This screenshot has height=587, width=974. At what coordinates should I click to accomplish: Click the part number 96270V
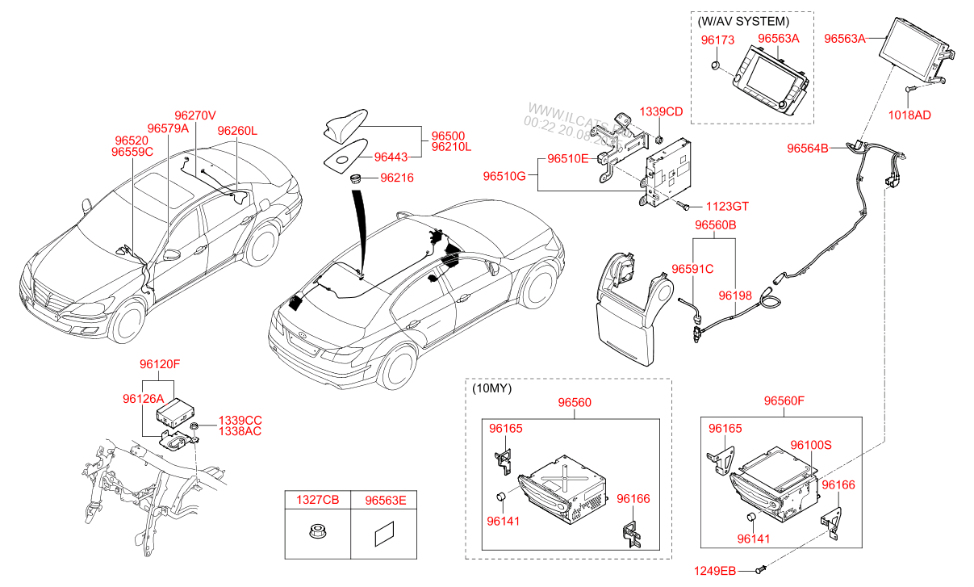click(x=195, y=115)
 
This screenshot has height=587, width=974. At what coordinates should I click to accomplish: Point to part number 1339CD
click(x=661, y=111)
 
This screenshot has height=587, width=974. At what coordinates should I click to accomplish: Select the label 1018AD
click(x=909, y=115)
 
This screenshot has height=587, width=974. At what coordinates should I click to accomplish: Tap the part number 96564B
click(x=808, y=148)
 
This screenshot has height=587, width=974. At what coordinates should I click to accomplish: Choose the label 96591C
click(x=692, y=268)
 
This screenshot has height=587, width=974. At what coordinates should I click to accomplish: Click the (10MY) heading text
click(x=491, y=388)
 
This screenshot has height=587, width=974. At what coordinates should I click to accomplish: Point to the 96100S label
click(x=811, y=444)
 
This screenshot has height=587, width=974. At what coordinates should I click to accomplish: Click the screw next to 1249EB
click(x=759, y=572)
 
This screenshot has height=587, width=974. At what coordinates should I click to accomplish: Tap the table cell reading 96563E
click(x=385, y=501)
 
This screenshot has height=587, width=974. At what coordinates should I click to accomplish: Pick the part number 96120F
click(x=159, y=364)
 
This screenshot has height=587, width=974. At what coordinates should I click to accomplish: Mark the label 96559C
click(x=132, y=151)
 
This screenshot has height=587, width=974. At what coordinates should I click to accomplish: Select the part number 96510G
click(x=504, y=175)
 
